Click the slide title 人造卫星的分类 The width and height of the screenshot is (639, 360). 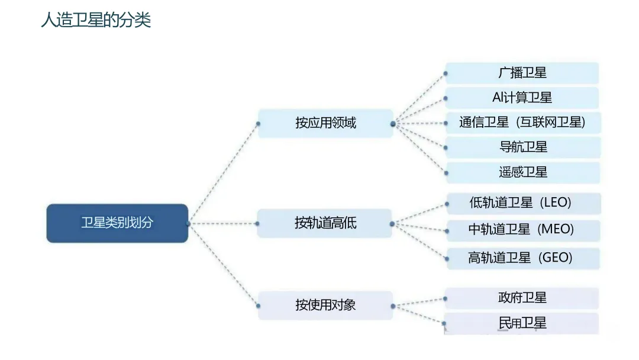tap(96, 20)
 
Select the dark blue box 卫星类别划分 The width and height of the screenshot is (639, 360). tap(117, 223)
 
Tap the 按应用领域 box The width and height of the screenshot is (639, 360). tap(325, 123)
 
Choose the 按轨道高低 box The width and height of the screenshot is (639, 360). tap(325, 223)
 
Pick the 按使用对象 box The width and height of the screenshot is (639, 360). tap(325, 305)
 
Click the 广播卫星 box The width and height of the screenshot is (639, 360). tap(522, 73)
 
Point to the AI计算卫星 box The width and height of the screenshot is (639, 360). tap(522, 98)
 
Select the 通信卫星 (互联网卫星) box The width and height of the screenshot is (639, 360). tap(522, 123)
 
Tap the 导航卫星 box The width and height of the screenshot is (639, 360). tap(523, 147)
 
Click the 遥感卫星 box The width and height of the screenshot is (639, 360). tap(523, 172)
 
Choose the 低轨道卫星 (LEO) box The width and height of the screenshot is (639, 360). tap(523, 203)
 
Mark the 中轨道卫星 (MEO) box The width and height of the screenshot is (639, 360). tap(523, 230)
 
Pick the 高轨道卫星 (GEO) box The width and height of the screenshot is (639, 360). tap(523, 258)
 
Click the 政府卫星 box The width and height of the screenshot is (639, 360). tap(522, 298)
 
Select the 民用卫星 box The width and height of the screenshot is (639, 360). tap(522, 323)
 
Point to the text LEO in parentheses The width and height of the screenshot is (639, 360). tap(556, 203)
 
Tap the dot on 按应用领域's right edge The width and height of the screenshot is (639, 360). tap(393, 124)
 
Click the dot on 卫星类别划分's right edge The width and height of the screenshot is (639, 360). tap(188, 223)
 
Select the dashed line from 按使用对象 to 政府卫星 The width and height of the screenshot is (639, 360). tap(419, 302)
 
